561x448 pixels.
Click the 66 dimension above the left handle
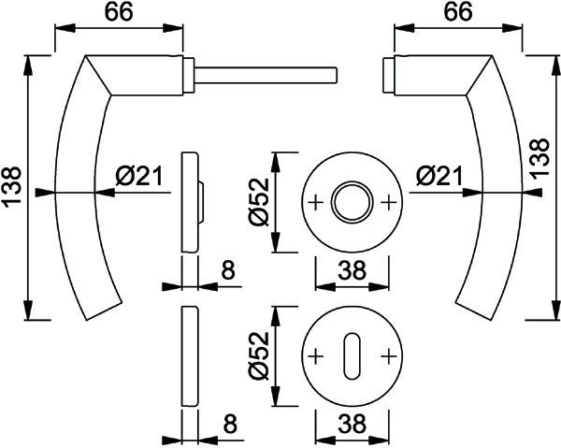click(119, 12)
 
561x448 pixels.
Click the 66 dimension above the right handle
click(458, 12)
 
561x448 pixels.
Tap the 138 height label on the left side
click(12, 187)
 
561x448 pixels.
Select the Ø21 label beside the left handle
click(139, 176)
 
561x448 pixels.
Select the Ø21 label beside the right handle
click(439, 176)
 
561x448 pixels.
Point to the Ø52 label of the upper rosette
click(259, 202)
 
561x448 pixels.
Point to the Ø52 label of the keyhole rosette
click(259, 356)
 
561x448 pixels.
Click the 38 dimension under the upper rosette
click(352, 269)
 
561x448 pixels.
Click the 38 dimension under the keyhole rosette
click(352, 424)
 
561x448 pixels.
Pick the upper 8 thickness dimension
click(228, 269)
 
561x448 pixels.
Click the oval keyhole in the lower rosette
click(352, 356)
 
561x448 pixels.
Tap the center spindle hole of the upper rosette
click(352, 203)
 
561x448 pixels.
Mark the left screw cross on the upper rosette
click(316, 203)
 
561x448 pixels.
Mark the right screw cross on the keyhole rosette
click(389, 356)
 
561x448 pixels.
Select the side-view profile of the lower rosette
click(189, 356)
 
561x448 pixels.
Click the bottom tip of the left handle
click(87, 320)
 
